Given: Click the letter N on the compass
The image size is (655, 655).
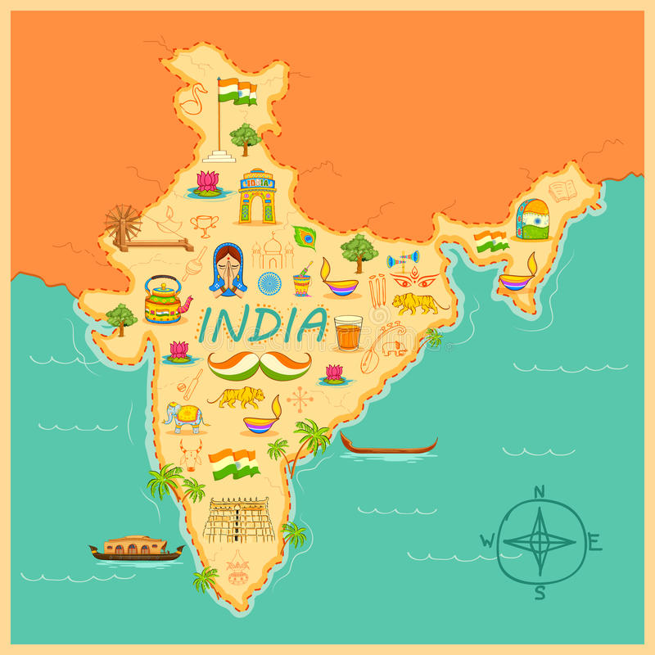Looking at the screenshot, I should (x=539, y=492).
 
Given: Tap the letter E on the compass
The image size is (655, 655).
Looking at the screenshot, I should (x=594, y=541).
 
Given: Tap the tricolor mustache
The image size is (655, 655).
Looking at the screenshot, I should (x=260, y=364).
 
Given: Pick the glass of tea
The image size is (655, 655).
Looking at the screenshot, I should (x=348, y=332).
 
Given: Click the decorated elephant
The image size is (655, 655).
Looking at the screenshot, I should (x=184, y=417).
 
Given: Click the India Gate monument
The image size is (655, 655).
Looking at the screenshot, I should (x=257, y=197).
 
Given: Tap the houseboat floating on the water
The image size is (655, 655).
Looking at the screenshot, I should (x=136, y=547).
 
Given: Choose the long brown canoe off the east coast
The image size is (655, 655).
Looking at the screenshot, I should (x=389, y=446).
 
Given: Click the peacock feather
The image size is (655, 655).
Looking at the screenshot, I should (x=305, y=237).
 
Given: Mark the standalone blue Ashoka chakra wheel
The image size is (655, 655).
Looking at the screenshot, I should (x=269, y=283).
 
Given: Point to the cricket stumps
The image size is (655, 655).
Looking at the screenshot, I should (x=377, y=290).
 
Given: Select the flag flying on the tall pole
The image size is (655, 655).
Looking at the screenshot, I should (x=237, y=91).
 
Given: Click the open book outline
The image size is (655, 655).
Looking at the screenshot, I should (x=562, y=192).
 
